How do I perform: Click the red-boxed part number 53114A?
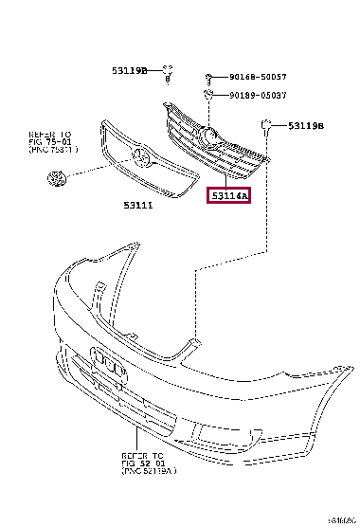(229, 196)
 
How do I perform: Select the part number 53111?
(137, 204)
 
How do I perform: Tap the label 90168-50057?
(258, 77)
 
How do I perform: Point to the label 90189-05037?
(258, 95)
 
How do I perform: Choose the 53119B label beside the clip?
(306, 126)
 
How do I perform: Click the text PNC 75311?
(51, 150)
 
